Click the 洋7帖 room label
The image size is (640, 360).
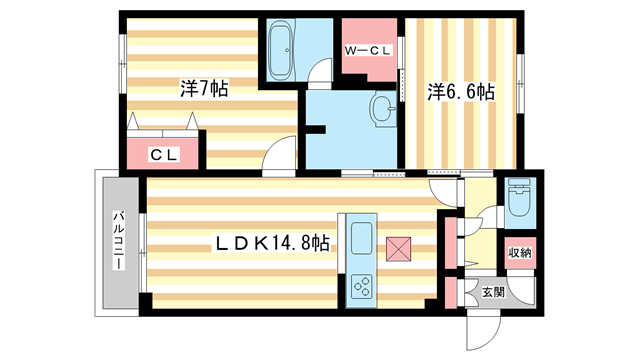(205, 89)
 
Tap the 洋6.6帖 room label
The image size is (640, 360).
(462, 91)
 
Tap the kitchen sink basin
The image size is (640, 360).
(362, 241)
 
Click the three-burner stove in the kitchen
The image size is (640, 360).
(361, 288)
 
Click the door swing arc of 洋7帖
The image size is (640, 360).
(281, 158)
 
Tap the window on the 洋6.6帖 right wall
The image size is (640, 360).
(521, 74)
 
